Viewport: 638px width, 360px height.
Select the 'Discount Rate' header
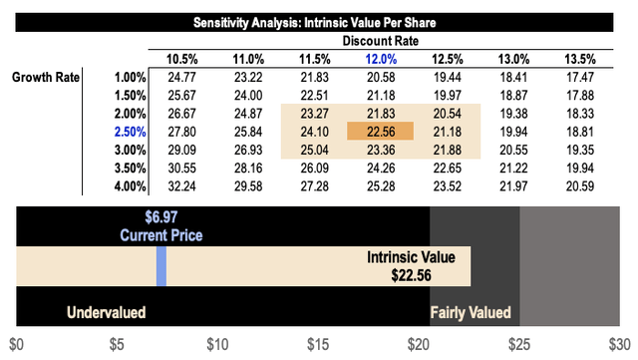tap(382, 41)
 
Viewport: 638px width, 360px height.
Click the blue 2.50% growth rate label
tap(133, 131)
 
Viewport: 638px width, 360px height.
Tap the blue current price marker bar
tap(161, 266)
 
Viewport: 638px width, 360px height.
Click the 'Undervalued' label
tap(106, 313)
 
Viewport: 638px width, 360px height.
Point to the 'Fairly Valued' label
tap(470, 313)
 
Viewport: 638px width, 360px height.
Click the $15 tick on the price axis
tap(318, 345)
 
